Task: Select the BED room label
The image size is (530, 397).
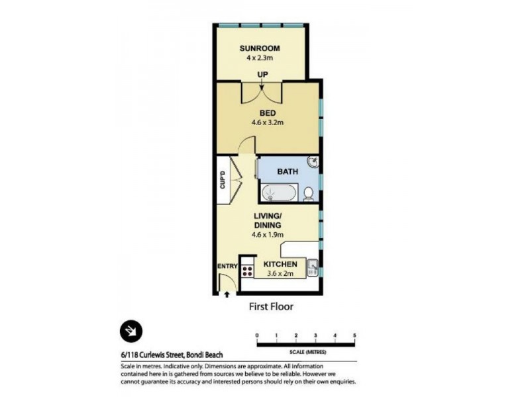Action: tap(268, 112)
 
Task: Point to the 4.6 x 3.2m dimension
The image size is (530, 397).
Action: tap(268, 122)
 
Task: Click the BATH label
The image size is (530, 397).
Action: tap(288, 172)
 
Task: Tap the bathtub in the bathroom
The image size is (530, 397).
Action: tap(279, 193)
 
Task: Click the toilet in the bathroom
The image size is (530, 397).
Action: tap(309, 193)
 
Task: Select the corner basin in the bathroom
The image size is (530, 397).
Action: tap(313, 163)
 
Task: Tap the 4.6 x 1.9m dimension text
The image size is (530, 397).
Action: tap(268, 235)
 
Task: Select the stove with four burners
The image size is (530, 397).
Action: tap(248, 270)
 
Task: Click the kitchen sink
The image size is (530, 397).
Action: tap(313, 268)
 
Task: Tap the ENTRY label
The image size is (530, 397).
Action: tap(227, 267)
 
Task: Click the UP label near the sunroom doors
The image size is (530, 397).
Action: tap(262, 75)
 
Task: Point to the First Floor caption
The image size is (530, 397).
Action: tap(270, 306)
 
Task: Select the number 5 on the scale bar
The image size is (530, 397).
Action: tap(355, 336)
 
